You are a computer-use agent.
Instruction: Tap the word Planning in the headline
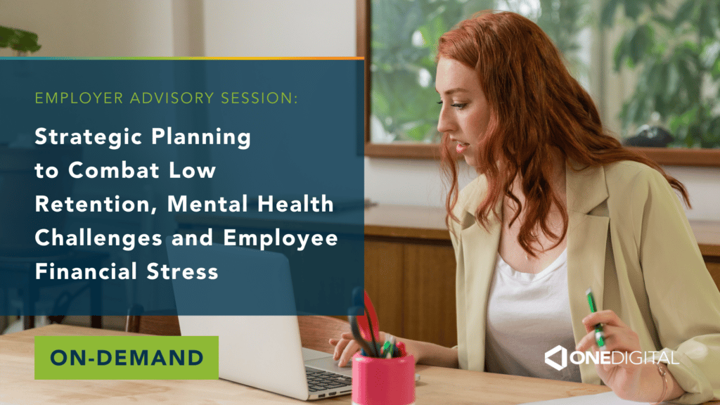pyautogui.click(x=201, y=138)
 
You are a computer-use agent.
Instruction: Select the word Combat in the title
pyautogui.click(x=113, y=170)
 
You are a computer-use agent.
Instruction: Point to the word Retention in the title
pyautogui.click(x=96, y=205)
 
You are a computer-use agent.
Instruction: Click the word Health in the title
pyautogui.click(x=295, y=204)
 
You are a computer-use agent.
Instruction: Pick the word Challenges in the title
pyautogui.click(x=98, y=238)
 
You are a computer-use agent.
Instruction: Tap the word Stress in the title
pyautogui.click(x=182, y=271)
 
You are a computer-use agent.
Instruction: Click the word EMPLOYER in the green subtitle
pyautogui.click(x=79, y=98)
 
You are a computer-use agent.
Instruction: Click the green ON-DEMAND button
pyautogui.click(x=127, y=358)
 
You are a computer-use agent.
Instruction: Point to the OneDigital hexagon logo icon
pyautogui.click(x=555, y=358)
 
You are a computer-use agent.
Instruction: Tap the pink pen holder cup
pyautogui.click(x=383, y=379)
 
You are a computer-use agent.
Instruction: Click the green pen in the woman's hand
pyautogui.click(x=595, y=318)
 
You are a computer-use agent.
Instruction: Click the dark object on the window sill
pyautogui.click(x=648, y=136)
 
